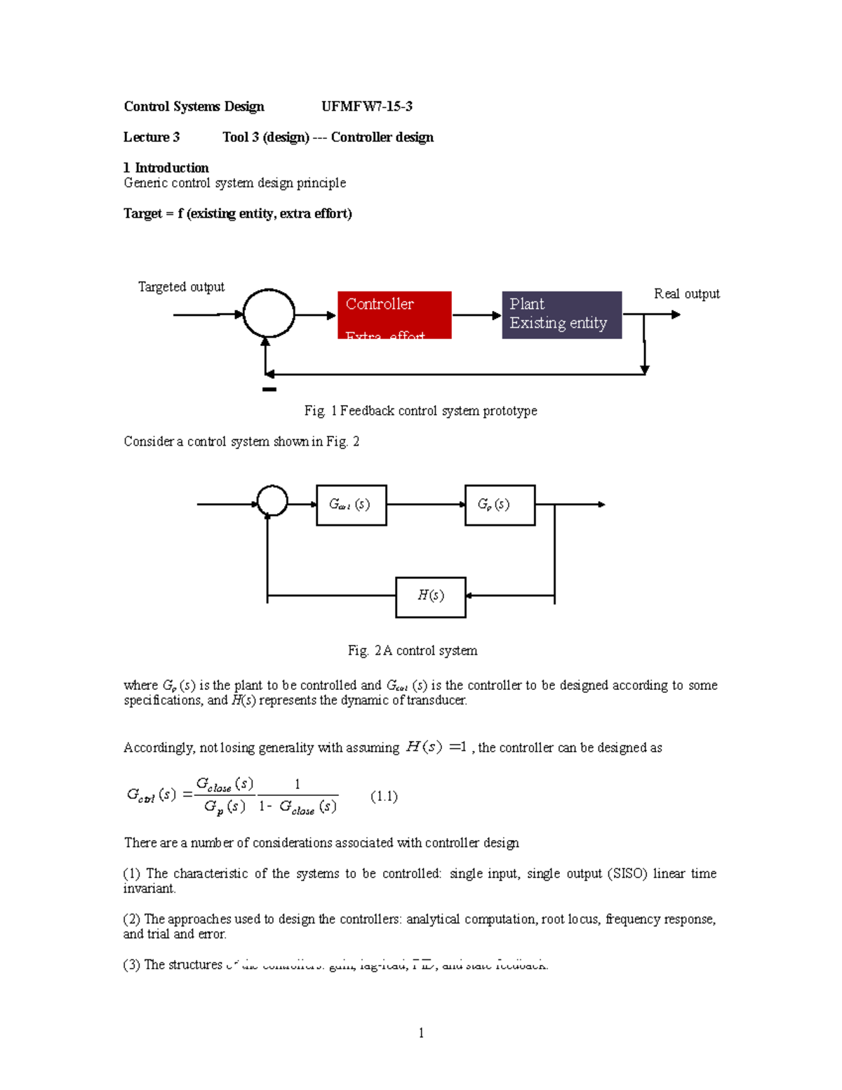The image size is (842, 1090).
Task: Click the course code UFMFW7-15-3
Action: [366, 107]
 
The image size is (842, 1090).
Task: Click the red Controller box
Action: [394, 315]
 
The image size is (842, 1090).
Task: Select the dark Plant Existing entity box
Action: [561, 315]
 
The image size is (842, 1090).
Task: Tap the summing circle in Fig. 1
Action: [269, 314]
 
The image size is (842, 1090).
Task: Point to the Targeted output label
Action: [181, 287]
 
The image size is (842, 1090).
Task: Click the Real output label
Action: [686, 294]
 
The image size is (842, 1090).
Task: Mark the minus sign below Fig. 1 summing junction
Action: [269, 389]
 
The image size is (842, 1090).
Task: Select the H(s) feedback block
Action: [431, 597]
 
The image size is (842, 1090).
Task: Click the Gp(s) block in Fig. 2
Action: [500, 505]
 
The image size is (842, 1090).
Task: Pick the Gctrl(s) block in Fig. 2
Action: [351, 505]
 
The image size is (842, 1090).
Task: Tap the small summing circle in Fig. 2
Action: [272, 501]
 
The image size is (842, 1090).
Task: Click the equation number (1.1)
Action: [384, 796]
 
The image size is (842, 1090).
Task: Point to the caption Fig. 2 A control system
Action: [413, 651]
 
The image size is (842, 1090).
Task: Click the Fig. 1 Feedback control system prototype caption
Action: [420, 411]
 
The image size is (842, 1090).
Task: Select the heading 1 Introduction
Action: [166, 168]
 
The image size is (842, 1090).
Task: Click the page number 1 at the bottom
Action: [421, 1032]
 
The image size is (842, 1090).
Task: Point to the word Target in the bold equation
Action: [142, 213]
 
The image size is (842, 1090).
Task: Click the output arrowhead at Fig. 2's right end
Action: [601, 505]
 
